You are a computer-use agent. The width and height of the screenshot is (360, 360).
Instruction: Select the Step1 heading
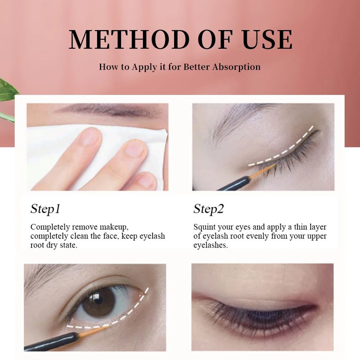[x=45, y=209]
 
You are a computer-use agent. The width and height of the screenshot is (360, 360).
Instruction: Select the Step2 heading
[x=208, y=209]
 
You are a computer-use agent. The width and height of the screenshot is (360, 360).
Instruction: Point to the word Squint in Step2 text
[x=204, y=227]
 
